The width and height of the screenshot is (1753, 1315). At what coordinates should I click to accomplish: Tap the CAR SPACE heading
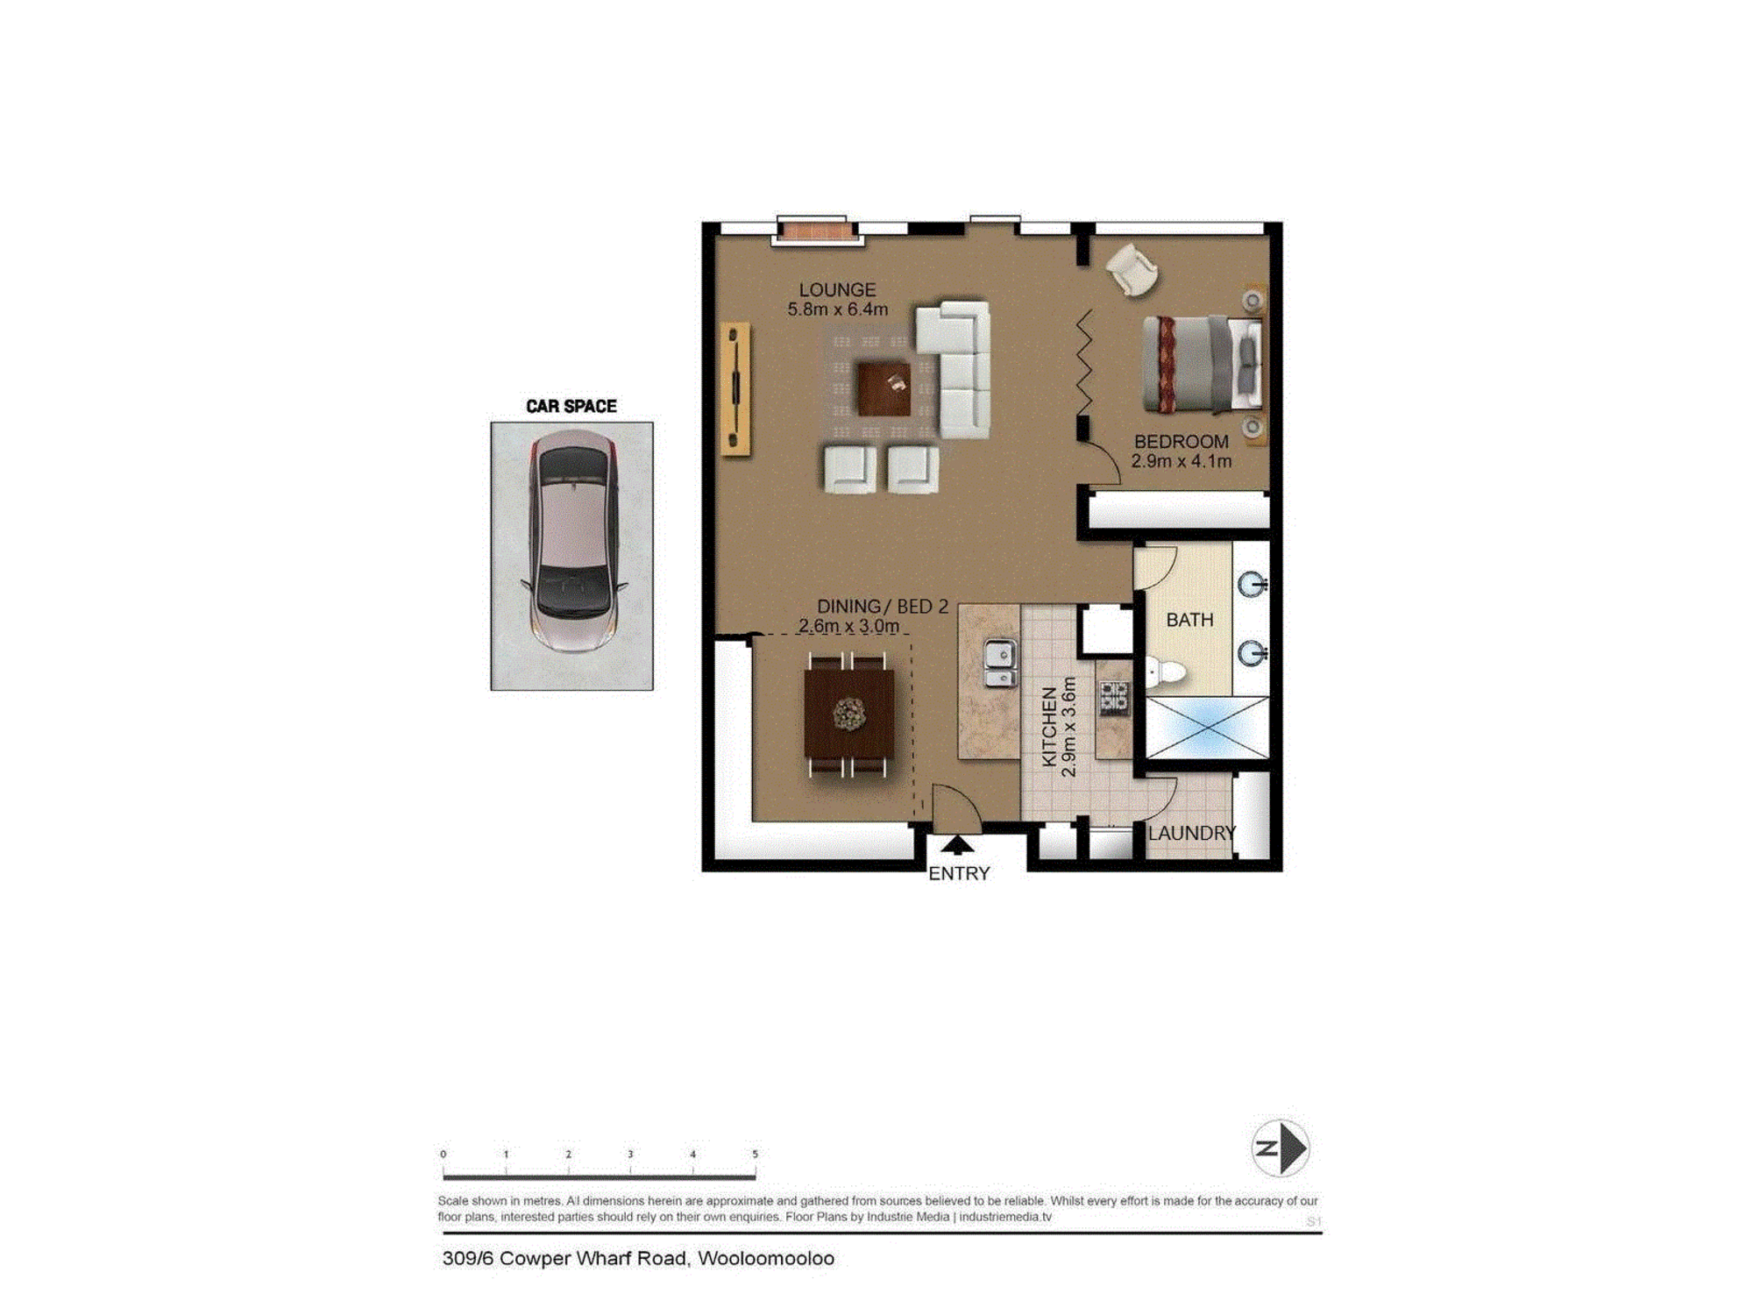coord(571,406)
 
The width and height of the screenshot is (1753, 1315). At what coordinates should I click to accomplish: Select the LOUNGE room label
coord(837,289)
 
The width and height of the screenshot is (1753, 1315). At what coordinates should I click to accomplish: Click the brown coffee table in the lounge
coord(884,388)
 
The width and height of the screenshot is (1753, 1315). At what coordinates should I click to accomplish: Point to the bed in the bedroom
coord(1203,364)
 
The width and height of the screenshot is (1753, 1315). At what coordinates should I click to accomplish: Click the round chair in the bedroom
coord(1132,269)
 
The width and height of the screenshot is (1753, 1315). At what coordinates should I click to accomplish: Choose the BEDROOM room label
coord(1181,442)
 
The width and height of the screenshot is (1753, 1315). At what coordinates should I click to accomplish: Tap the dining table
coord(849,714)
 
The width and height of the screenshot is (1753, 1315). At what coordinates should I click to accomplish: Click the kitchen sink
coord(1000,664)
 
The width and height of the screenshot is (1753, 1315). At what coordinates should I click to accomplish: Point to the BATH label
coord(1189,620)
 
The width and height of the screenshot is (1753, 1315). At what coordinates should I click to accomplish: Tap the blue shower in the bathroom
coord(1207,727)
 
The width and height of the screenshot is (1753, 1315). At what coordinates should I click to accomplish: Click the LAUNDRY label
coord(1191,833)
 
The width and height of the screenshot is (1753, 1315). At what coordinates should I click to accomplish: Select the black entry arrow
coord(957,844)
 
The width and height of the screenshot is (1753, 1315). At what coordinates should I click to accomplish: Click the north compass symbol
coord(1281,1148)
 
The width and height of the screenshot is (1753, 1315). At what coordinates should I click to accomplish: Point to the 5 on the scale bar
coord(755,1154)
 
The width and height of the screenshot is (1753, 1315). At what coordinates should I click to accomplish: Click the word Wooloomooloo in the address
coord(766,1259)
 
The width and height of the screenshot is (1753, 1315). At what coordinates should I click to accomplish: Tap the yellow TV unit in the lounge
coord(735,389)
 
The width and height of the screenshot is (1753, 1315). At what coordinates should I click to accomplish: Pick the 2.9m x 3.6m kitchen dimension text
coord(1068,727)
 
